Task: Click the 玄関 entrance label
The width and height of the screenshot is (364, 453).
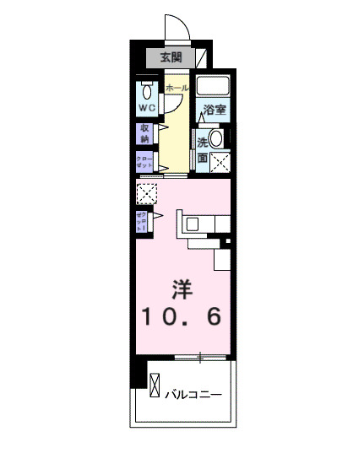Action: pyautogui.click(x=171, y=57)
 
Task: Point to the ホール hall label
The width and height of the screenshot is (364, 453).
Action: pyautogui.click(x=176, y=88)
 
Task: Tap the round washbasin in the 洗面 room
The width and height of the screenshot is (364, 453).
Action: pyautogui.click(x=217, y=138)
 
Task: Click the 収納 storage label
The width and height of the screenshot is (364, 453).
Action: pyautogui.click(x=145, y=133)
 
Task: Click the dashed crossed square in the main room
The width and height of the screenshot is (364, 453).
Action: pyautogui.click(x=147, y=194)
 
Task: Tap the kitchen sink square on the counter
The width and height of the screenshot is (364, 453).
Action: pyautogui.click(x=193, y=224)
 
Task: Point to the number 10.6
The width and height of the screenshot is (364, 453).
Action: pyautogui.click(x=182, y=318)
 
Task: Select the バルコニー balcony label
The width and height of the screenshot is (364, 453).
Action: pyautogui.click(x=193, y=394)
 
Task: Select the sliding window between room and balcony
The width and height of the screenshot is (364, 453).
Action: pyautogui.click(x=200, y=358)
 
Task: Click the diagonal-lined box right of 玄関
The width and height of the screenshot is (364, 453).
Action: pyautogui.click(x=200, y=57)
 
